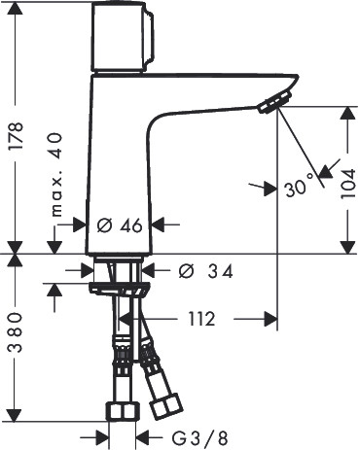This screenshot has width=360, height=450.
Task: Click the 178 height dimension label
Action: pyautogui.click(x=16, y=136)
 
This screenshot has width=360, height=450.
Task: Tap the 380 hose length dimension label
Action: pyautogui.click(x=16, y=332)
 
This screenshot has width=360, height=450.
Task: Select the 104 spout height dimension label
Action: pyautogui.click(x=348, y=185)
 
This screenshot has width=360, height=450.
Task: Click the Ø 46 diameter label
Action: pyautogui.click(x=120, y=225)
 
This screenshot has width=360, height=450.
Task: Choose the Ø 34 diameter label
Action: pyautogui.click(x=205, y=271)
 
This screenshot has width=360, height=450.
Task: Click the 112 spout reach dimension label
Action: pyautogui.click(x=201, y=320)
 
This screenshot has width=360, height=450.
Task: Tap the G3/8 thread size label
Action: pyautogui.click(x=199, y=438)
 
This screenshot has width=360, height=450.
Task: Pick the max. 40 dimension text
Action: pyautogui.click(x=56, y=174)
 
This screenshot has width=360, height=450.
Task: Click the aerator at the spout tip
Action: pyautogui.click(x=274, y=101)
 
